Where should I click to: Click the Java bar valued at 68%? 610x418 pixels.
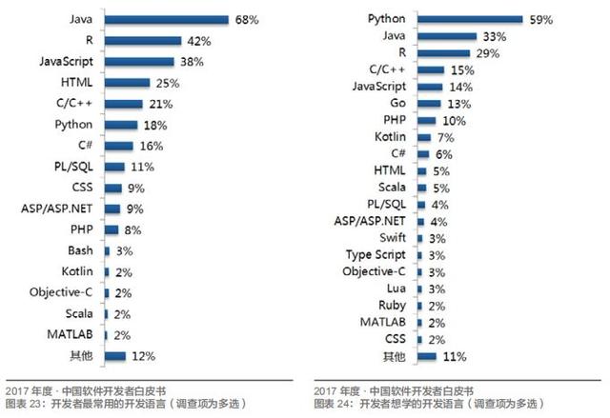click(166, 19)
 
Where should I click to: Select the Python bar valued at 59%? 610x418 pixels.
click(469, 19)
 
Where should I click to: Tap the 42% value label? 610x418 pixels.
click(198, 40)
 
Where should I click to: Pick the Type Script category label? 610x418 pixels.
click(378, 254)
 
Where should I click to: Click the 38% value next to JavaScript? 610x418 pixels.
click(191, 61)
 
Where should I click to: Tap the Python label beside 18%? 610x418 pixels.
click(73, 124)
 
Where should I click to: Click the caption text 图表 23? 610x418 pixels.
click(22, 404)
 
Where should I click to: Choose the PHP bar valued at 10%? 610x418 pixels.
click(426, 120)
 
